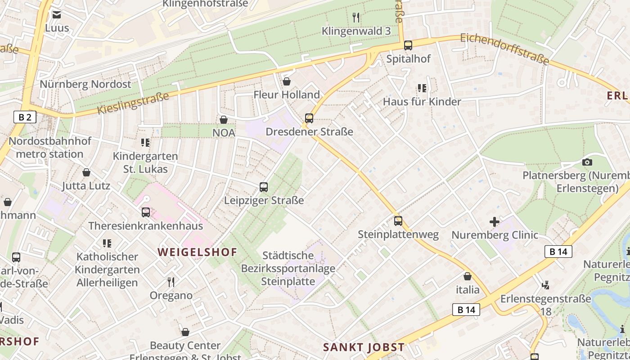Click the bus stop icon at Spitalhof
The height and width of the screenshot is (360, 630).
[x=408, y=45]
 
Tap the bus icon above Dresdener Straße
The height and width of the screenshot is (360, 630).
[x=309, y=118]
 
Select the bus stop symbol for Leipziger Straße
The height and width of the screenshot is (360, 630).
[x=264, y=187]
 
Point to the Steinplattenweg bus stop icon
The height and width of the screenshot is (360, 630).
[x=398, y=221]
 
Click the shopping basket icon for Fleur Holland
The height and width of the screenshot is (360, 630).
[x=287, y=81]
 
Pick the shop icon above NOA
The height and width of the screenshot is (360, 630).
[x=224, y=120]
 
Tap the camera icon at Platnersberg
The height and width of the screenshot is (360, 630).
[x=587, y=162]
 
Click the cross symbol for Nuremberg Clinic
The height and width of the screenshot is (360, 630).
[x=495, y=221]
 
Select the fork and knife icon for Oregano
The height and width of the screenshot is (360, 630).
[x=171, y=282]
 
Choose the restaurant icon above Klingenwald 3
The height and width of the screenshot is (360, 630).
[x=356, y=18]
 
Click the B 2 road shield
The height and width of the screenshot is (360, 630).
[x=25, y=117]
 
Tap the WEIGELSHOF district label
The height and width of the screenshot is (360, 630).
[x=197, y=252]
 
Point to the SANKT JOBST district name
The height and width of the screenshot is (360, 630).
[x=364, y=347]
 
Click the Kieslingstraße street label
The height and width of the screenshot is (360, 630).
[x=133, y=103]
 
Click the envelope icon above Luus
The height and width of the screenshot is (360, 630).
[x=57, y=15]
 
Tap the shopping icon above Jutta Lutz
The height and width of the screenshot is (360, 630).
[x=86, y=172]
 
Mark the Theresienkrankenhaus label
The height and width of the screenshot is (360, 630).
[x=146, y=225]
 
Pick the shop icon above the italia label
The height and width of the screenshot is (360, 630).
[x=468, y=276]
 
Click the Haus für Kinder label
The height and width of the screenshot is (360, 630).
[x=422, y=102]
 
